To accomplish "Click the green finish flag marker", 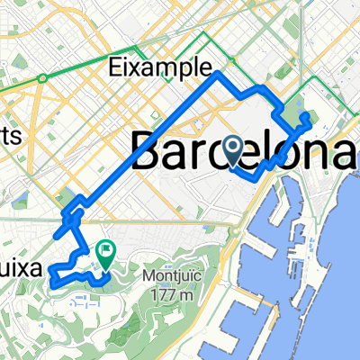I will pyautogui.click(x=105, y=257).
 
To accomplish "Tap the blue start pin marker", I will pyautogui.click(x=233, y=150).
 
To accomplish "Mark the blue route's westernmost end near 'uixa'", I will pyautogui.click(x=51, y=269).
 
